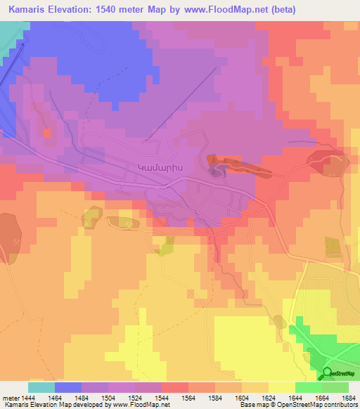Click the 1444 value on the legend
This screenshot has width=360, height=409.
(x=28, y=397)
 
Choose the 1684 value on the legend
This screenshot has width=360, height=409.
(x=348, y=397)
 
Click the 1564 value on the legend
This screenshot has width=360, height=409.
(x=188, y=397)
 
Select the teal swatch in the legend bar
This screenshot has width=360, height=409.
(x=41, y=387)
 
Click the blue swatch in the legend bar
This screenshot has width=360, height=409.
(x=68, y=387)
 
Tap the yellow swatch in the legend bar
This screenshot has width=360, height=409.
(x=281, y=387)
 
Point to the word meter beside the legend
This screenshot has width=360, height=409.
(x=10, y=397)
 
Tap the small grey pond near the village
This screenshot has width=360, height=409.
(x=215, y=165)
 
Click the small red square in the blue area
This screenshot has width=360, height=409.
(x=47, y=132)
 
